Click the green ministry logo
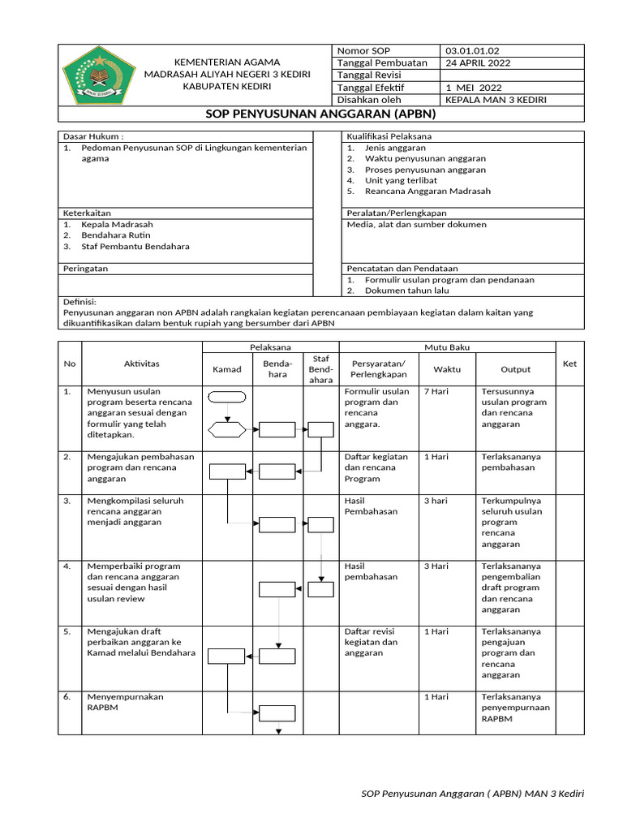97,75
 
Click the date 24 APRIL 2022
478,63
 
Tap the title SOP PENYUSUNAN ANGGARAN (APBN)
320,114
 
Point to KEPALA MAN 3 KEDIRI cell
496,100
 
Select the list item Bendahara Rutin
114,235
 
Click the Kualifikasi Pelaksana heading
389,136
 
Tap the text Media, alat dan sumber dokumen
416,224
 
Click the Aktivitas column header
142,364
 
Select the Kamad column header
227,369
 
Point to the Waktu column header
446,369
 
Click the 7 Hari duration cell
437,391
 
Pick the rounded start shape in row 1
227,397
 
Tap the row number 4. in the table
68,566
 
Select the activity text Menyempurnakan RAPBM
125,702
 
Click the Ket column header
569,364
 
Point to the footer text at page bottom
472,793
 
